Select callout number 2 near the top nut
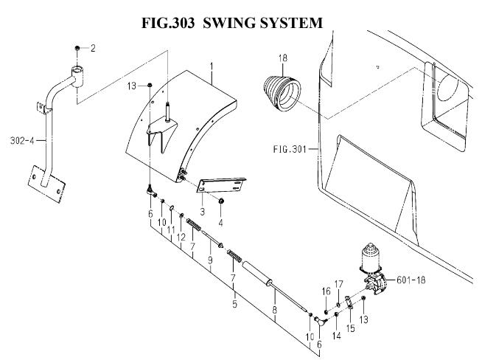click(93, 49)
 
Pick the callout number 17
click(340, 283)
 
